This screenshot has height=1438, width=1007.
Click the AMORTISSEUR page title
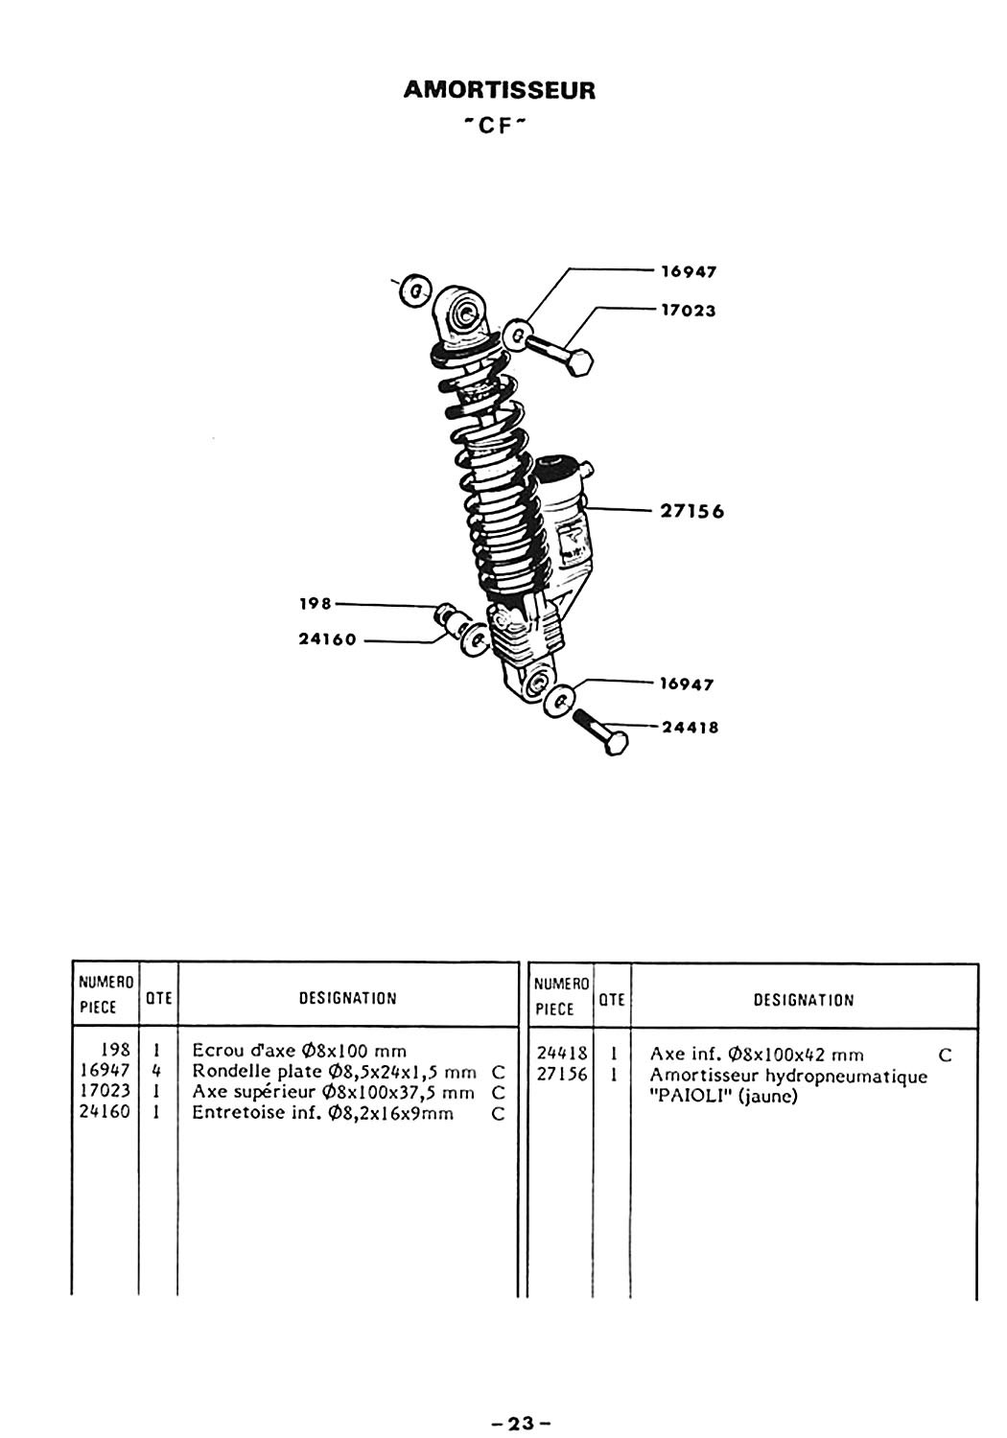pyautogui.click(x=499, y=90)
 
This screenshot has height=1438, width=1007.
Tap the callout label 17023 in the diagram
pyautogui.click(x=689, y=311)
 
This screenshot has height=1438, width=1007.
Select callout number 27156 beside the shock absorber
pyautogui.click(x=692, y=512)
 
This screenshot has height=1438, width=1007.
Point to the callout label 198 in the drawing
pyautogui.click(x=316, y=603)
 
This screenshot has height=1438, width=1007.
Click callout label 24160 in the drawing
pyautogui.click(x=328, y=639)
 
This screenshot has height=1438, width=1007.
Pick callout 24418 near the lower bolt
pyautogui.click(x=691, y=728)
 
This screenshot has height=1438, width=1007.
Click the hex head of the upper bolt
pyautogui.click(x=579, y=362)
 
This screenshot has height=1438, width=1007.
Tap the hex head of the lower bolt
pyautogui.click(x=615, y=743)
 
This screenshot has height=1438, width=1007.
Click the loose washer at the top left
pyautogui.click(x=415, y=292)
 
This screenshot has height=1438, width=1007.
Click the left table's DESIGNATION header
pyautogui.click(x=348, y=998)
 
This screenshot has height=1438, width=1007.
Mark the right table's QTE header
pyautogui.click(x=612, y=1000)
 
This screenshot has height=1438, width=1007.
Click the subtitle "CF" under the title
pyautogui.click(x=495, y=127)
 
